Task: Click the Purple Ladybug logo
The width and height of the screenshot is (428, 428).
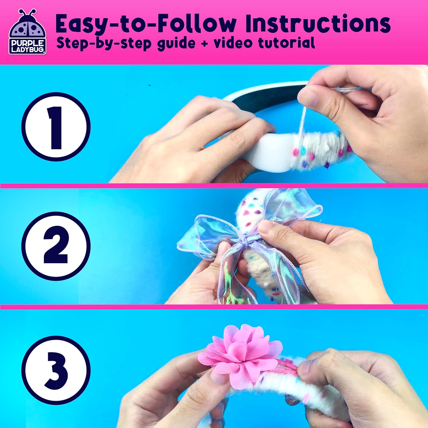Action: tap(28, 32)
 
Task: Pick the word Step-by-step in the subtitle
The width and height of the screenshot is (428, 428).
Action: tap(104, 44)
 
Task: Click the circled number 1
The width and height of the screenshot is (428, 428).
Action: tap(56, 126)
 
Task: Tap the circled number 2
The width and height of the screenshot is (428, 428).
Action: tap(56, 246)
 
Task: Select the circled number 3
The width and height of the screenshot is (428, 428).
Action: tap(56, 370)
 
